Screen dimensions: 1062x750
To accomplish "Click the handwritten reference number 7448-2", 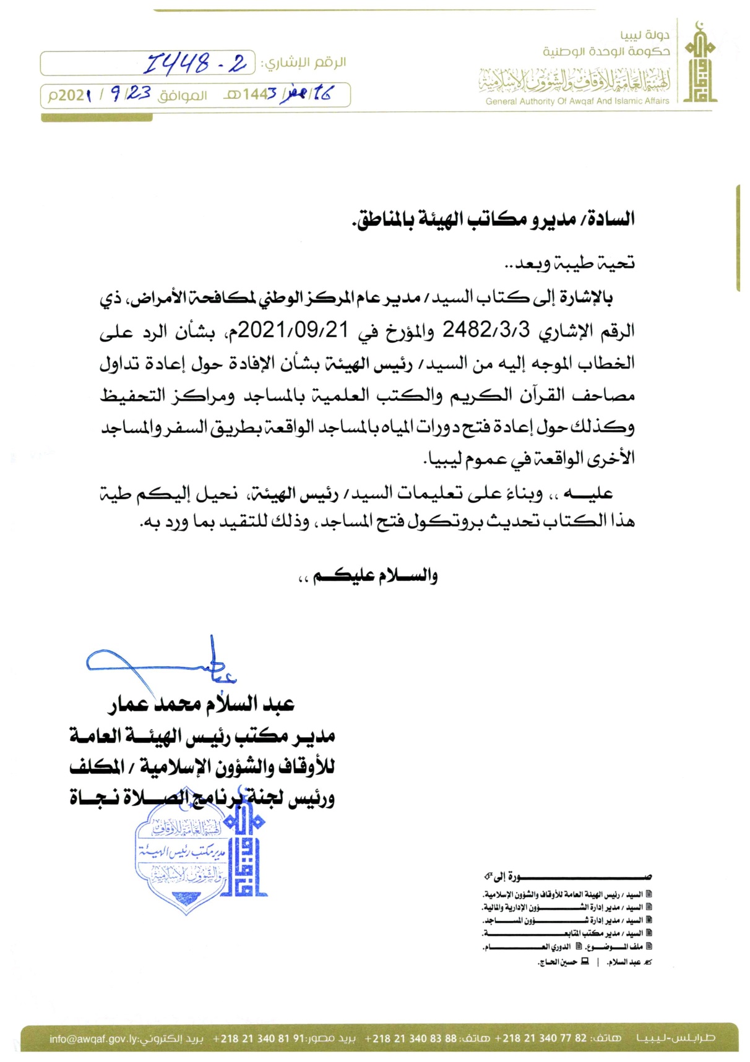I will (195, 62).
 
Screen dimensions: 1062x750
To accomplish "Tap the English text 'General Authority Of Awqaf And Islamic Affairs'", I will (577, 101).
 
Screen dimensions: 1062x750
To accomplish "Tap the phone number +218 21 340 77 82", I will (541, 1038).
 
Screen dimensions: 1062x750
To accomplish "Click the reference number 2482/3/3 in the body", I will (486, 330).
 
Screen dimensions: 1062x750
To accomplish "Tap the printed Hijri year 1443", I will (259, 95).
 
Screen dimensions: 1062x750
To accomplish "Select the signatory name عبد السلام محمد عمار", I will (201, 704).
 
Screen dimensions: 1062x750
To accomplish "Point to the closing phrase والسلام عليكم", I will (368, 576).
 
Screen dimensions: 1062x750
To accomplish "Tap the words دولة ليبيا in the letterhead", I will (645, 35).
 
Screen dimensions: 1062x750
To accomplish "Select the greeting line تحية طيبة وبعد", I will (570, 263).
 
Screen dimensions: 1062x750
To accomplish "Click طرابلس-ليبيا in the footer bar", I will (675, 1038).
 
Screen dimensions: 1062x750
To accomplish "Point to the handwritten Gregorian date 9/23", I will (131, 94).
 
